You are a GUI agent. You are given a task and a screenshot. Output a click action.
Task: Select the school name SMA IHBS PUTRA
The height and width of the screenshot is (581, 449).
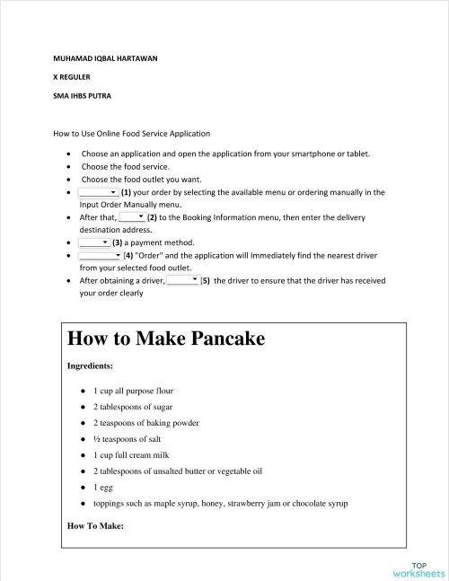pos(82,94)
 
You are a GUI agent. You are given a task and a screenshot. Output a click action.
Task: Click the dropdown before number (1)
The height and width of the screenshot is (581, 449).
pos(99,191)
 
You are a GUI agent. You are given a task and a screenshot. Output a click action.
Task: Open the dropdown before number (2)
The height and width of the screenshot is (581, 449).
pos(131,217)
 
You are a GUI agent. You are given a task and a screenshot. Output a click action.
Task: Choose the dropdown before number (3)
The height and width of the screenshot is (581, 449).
pos(93,242)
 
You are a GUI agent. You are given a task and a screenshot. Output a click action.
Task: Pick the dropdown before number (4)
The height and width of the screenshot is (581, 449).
pos(100,255)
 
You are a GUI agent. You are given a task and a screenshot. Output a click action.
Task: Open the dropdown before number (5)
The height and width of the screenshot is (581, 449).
pos(182,280)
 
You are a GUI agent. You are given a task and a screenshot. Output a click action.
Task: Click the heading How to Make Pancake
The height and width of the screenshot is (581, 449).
pos(166,339)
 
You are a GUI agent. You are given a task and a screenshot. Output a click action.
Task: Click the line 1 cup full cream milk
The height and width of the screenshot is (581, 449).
pos(131,455)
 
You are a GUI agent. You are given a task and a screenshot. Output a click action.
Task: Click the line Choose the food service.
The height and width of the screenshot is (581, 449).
pos(125,166)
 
